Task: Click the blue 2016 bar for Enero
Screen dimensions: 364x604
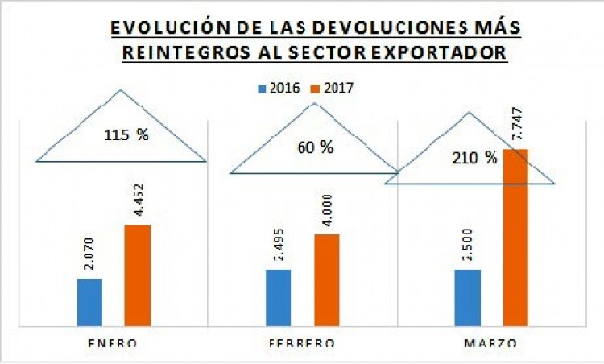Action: pyautogui.click(x=89, y=302)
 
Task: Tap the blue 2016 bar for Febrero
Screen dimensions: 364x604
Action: pyautogui.click(x=279, y=297)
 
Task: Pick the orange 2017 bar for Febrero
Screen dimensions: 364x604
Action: pyautogui.click(x=326, y=279)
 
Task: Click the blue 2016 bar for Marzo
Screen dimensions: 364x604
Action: pyautogui.click(x=468, y=297)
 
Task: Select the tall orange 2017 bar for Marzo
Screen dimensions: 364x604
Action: pyautogui.click(x=515, y=238)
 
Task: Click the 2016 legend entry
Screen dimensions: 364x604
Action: pyautogui.click(x=279, y=88)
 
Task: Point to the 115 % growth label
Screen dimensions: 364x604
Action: pyautogui.click(x=126, y=134)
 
